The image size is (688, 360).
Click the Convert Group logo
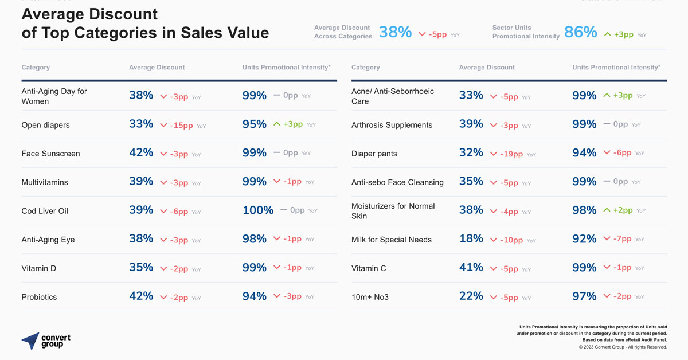point(46,341)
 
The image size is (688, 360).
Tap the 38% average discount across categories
point(395,32)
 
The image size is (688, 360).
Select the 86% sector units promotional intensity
point(580,32)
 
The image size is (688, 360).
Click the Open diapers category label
point(45,125)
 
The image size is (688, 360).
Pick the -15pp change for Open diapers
point(181,125)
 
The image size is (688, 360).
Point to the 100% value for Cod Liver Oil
point(257,210)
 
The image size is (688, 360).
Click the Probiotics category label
point(39,297)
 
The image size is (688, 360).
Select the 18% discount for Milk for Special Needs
point(471,238)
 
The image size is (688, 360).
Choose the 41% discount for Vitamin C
point(471,267)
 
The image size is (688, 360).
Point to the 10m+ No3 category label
point(370,297)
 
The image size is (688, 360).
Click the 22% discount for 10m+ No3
point(471,296)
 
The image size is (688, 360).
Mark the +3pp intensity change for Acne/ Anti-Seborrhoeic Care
point(623,96)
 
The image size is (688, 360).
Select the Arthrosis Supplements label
point(392,125)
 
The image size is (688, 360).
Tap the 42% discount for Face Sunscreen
point(141,152)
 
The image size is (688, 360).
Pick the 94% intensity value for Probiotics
point(254,296)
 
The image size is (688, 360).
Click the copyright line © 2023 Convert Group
point(623,347)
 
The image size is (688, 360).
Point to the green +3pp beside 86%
point(623,34)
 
